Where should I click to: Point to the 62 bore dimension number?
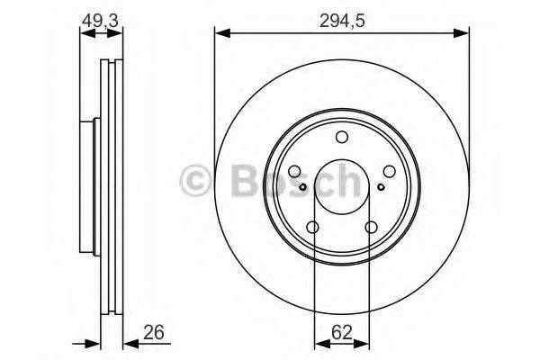(x=341, y=332)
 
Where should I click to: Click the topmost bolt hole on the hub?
(x=342, y=137)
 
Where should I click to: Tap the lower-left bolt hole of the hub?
(x=312, y=228)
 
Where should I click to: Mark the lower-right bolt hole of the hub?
(x=371, y=228)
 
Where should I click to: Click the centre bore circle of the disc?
(x=342, y=187)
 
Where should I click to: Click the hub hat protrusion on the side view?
(x=87, y=187)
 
